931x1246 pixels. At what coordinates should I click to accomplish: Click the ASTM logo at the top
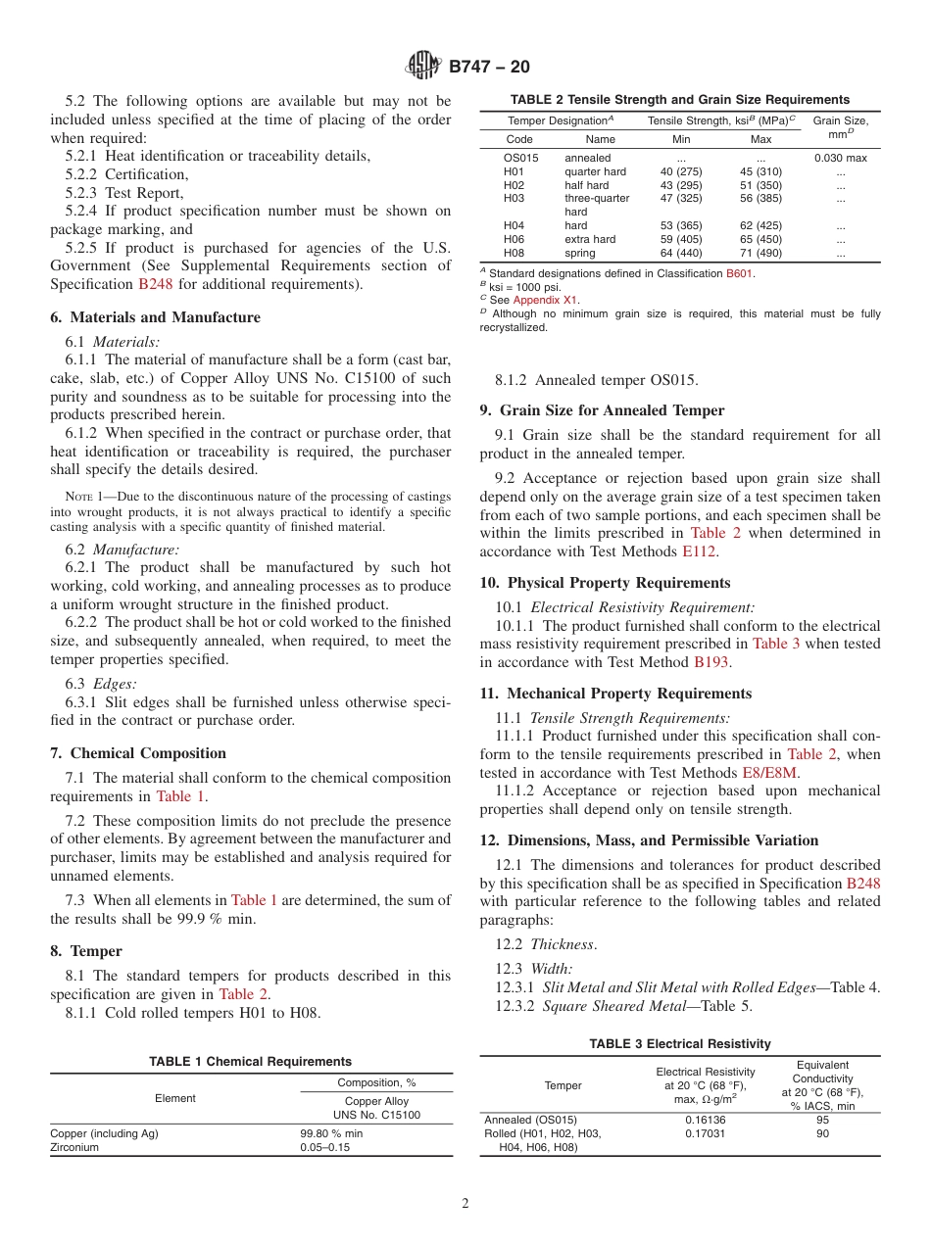pos(424,67)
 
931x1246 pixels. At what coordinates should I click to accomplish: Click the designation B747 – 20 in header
pos(489,67)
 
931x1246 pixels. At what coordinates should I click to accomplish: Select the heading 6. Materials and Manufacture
pos(155,317)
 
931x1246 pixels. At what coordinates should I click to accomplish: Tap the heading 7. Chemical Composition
pos(138,753)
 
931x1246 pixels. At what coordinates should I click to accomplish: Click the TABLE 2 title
pos(679,99)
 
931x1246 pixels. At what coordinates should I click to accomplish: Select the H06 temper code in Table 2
pos(514,239)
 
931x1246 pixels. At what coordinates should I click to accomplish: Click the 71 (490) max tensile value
pos(760,253)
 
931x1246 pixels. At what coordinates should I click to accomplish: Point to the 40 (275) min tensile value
pos(681,171)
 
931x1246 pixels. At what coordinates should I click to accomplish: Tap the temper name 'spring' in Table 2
pos(579,253)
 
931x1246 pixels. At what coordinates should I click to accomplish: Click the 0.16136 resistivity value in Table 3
pos(706,1120)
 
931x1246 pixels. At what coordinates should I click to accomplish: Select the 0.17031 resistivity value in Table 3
pos(706,1133)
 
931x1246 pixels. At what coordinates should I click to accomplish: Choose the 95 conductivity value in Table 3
pos(822,1120)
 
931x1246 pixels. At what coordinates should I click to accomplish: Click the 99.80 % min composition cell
pos(331,1133)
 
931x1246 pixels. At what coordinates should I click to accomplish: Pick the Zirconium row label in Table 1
pos(74,1147)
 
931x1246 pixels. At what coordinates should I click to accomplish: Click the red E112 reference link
pos(702,551)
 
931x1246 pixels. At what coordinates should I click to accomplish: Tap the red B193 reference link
pos(710,662)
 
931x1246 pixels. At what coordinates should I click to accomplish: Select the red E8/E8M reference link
pos(770,772)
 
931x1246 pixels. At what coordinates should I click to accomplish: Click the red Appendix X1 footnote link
pos(545,300)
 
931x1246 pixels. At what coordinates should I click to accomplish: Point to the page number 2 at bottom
pos(465,1204)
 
